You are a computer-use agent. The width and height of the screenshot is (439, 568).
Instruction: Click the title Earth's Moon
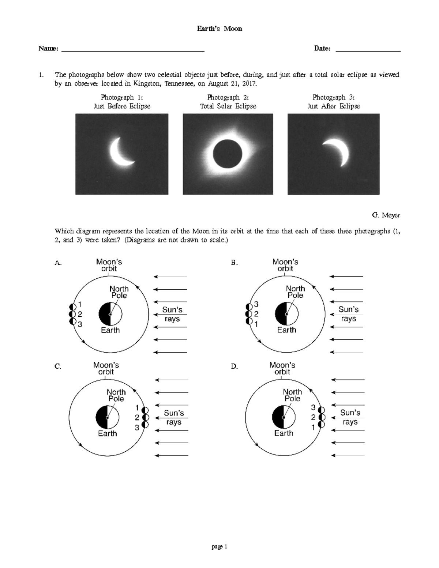click(219, 29)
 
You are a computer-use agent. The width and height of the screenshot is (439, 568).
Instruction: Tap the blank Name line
click(133, 50)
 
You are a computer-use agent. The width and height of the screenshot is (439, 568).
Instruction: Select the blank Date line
click(368, 50)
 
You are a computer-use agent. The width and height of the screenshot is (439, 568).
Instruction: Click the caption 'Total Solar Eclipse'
click(228, 106)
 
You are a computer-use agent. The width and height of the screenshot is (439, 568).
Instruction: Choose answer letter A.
click(57, 263)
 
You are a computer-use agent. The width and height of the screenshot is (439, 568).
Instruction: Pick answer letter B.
click(234, 263)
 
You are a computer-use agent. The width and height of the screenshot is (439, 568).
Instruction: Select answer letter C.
click(57, 366)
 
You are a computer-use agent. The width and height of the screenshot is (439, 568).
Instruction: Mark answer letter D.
click(234, 366)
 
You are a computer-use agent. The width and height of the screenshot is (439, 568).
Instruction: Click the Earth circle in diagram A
click(110, 314)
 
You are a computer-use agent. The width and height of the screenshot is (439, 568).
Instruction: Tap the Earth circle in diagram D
click(284, 417)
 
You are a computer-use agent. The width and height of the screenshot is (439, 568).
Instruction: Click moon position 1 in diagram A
click(72, 307)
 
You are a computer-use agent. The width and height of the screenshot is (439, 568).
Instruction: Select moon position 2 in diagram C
click(145, 417)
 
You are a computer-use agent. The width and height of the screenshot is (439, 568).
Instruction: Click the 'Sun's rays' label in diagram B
click(348, 314)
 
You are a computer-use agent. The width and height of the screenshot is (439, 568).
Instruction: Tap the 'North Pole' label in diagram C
click(116, 395)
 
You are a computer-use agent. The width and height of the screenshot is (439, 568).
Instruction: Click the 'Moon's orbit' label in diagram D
click(282, 368)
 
